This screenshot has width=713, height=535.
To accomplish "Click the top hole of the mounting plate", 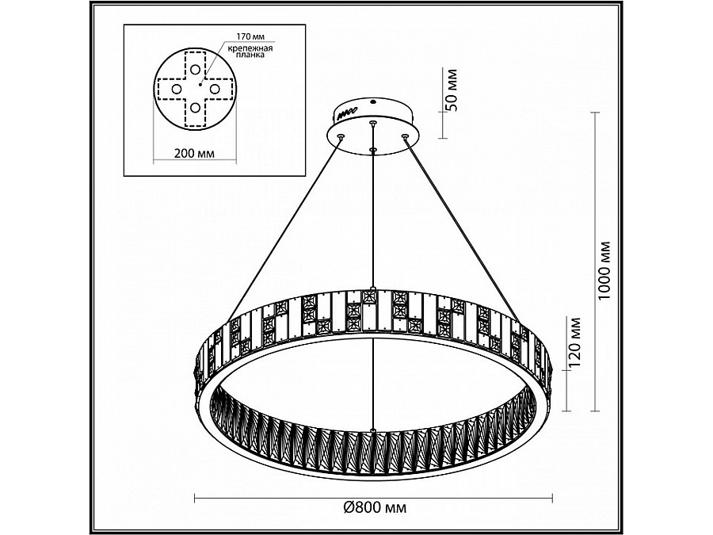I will (x=195, y=70).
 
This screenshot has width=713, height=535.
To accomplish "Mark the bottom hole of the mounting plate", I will (x=195, y=107).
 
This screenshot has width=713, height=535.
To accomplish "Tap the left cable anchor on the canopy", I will (x=341, y=137).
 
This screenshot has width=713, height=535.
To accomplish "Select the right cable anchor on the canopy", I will (x=405, y=137).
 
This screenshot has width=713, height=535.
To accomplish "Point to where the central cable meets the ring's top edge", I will (x=372, y=288).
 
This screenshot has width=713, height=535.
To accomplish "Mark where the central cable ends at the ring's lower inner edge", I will (x=372, y=430).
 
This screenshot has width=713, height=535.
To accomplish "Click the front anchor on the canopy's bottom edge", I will (x=372, y=148).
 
